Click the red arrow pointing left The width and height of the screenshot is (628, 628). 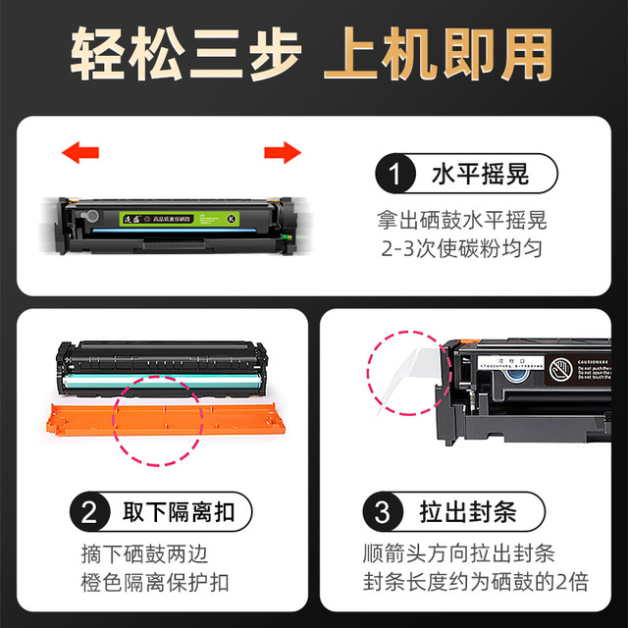[80, 152]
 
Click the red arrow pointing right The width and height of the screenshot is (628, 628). [282, 152]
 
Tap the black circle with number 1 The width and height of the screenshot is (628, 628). [393, 177]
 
